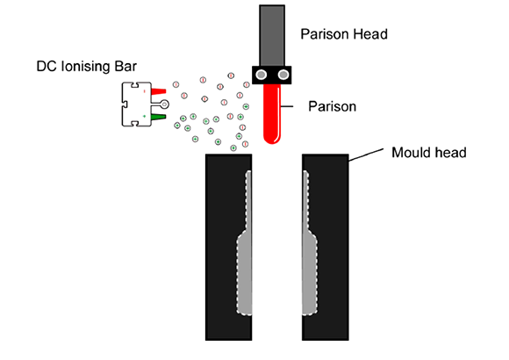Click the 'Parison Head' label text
(344, 34)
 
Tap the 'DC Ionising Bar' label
(86, 67)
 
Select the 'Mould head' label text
(429, 153)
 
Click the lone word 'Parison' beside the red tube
(332, 106)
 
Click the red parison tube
(272, 114)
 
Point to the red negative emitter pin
(159, 91)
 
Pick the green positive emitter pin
(159, 117)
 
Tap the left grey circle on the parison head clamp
(262, 75)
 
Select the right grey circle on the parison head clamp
(283, 75)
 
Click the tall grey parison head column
(272, 36)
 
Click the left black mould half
(228, 247)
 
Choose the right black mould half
(326, 247)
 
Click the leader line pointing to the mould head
(366, 155)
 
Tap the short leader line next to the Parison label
(287, 106)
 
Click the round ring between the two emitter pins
(165, 104)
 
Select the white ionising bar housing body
(136, 104)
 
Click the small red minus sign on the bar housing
(145, 91)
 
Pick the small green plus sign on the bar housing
(145, 116)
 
